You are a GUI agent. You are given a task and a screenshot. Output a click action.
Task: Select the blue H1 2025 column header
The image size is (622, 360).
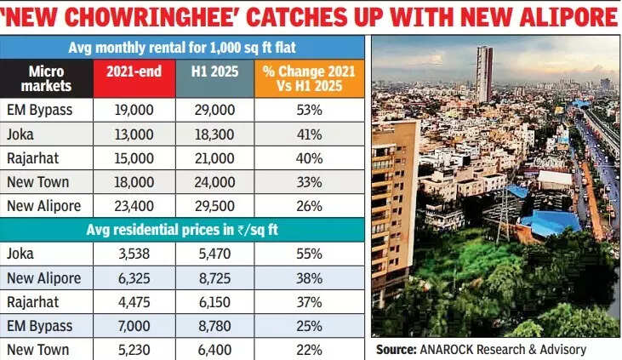click(216, 77)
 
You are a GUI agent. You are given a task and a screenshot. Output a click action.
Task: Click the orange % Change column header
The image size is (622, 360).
click(309, 77)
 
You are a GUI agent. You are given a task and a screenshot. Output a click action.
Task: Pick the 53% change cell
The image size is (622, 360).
click(309, 110)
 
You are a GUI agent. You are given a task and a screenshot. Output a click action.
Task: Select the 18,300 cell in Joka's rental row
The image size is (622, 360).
click(216, 134)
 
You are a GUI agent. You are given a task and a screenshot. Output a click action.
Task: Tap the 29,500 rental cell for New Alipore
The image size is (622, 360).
click(216, 206)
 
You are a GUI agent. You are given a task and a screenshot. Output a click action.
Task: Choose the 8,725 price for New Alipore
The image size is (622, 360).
click(216, 277)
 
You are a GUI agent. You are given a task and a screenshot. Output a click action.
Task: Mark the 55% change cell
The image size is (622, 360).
click(309, 254)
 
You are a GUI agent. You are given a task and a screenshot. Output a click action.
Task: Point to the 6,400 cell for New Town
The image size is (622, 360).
click(216, 349)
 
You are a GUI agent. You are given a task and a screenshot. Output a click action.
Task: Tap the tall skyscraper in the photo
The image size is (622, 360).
click(483, 72)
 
